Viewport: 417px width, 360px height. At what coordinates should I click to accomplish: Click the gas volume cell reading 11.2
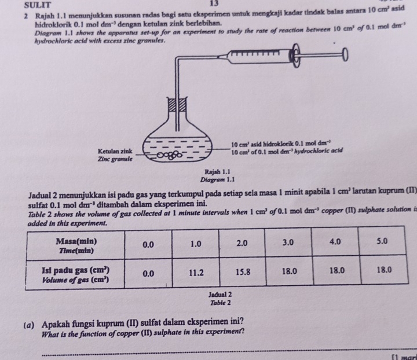[x=198, y=270]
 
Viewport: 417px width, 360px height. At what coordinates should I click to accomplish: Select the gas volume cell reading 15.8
[x=243, y=270]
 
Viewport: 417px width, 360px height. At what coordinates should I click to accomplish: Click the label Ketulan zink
[x=115, y=150]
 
